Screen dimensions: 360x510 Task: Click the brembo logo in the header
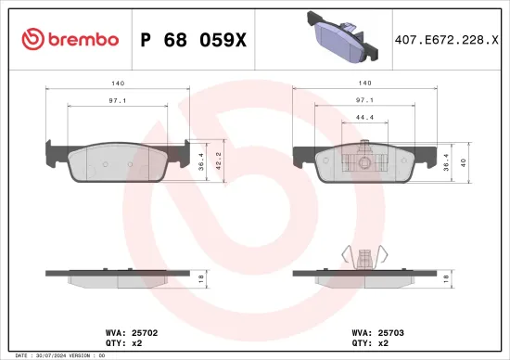click(x=69, y=39)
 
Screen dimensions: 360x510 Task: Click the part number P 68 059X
click(x=192, y=39)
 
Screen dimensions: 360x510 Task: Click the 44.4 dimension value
click(x=363, y=118)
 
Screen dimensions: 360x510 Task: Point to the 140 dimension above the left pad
click(x=118, y=82)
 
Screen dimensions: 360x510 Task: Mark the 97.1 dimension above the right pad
click(x=364, y=99)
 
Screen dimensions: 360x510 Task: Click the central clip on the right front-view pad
click(x=363, y=159)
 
